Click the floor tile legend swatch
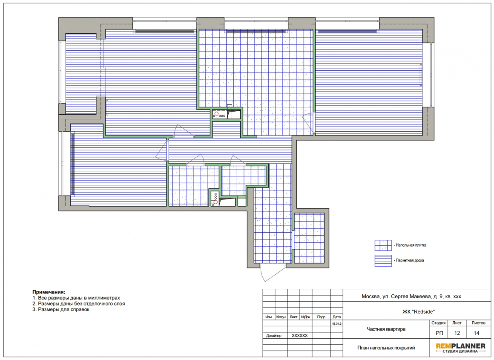[x=383, y=245]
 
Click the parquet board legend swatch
[x=383, y=261]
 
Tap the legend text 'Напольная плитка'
[x=411, y=245]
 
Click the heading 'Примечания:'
[x=49, y=292]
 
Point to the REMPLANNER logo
[x=461, y=348]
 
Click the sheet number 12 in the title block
[x=457, y=333]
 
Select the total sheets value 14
[x=476, y=333]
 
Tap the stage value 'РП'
[x=439, y=333]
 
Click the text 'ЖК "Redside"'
[x=418, y=311]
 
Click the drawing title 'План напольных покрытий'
[x=386, y=348]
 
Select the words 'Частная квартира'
[x=386, y=329]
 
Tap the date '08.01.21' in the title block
[x=337, y=323]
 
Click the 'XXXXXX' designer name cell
[x=300, y=336]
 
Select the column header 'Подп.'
[x=322, y=317]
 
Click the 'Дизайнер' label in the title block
[x=273, y=336]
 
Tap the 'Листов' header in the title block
[x=478, y=323]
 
